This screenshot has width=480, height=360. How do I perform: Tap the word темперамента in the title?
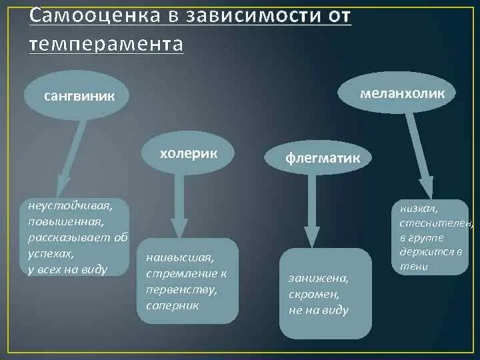click(106, 43)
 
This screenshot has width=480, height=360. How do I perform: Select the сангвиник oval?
click(79, 96)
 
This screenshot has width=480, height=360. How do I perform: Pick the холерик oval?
click(189, 153)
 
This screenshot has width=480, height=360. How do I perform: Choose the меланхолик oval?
click(402, 94)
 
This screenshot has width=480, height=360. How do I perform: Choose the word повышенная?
click(65, 221)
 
